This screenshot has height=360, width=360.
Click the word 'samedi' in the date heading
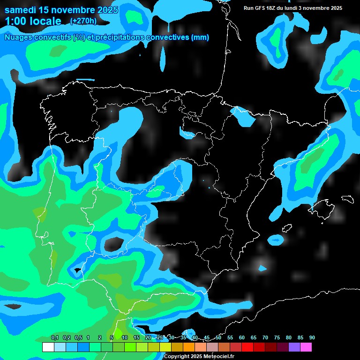(20, 10)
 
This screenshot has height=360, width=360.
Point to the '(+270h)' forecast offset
(83, 21)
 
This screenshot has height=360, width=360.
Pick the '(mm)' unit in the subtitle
(200, 37)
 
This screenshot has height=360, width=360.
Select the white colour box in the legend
(48, 347)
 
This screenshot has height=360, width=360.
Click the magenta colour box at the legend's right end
(306, 347)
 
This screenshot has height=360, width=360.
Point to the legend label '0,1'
(55, 338)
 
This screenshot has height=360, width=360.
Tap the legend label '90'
(312, 338)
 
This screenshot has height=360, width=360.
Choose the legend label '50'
(218, 338)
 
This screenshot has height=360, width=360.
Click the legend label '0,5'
(78, 338)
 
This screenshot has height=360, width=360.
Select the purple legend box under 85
(294, 347)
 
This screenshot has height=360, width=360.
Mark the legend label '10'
(125, 338)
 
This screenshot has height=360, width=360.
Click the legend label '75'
(277, 338)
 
